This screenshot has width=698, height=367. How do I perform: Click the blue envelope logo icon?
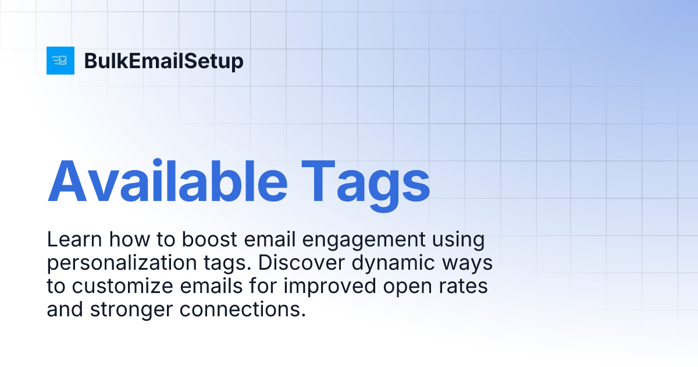[x=60, y=61]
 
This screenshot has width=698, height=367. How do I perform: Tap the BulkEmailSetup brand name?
[x=163, y=61]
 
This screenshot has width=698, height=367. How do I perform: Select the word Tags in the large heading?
[x=365, y=179]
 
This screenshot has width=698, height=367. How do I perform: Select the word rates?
[x=466, y=287]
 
